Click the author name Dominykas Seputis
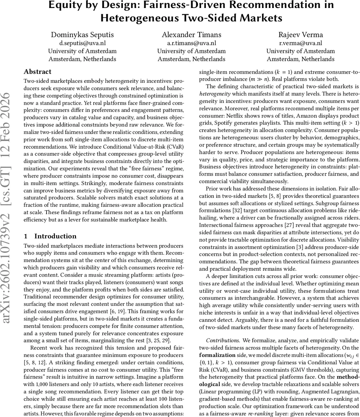point(82,35)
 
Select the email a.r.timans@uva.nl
point(192,43)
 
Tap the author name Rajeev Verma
point(301,35)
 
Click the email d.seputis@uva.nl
point(82,43)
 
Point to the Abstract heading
point(37,72)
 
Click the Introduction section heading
point(56,236)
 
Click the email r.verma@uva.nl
point(301,43)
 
